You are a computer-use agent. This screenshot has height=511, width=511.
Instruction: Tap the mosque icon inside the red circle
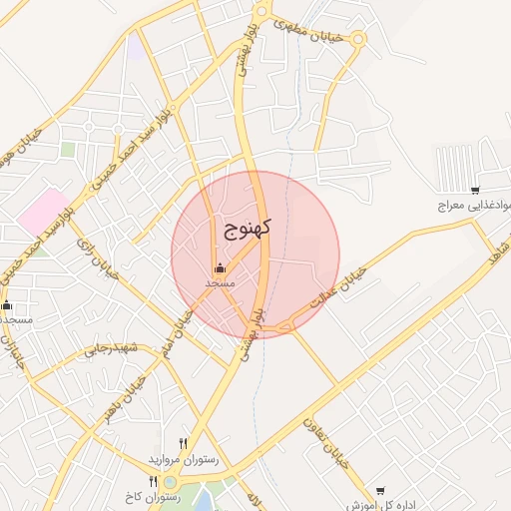pos(220,268)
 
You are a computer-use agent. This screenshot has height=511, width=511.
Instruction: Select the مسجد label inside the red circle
pos(220,283)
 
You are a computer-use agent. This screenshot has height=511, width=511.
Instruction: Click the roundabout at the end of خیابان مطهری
pos(357,40)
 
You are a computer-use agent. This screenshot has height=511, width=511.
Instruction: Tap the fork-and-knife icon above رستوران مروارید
pos(183,443)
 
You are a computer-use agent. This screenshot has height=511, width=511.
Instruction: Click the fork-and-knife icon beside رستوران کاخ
pos(153,481)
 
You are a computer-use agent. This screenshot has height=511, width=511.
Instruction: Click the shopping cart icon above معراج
pos(475,190)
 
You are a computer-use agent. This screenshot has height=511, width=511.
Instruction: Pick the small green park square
pos(68,150)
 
